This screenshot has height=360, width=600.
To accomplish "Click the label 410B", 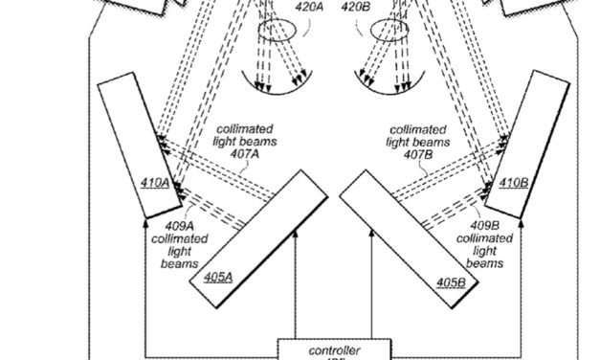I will point(511,181).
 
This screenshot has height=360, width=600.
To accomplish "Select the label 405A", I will point(218,276).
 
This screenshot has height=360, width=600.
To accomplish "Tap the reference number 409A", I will point(172,226).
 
